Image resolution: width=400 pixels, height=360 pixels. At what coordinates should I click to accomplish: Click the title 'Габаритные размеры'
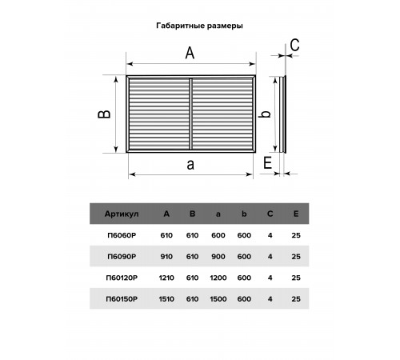coord(199,26)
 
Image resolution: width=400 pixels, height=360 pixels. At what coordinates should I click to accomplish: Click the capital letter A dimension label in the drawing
coord(190,53)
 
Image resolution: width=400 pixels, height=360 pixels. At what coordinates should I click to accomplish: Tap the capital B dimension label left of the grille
coord(104,114)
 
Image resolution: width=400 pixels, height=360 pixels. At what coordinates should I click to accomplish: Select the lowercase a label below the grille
coord(190,165)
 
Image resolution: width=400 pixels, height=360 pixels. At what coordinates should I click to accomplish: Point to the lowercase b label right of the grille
coord(266,113)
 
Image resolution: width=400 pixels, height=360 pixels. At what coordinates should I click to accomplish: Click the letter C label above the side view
coord(294,45)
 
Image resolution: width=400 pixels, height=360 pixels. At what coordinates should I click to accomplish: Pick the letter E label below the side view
coord(267,162)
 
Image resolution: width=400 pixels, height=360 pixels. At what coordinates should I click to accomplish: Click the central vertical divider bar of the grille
coord(190,114)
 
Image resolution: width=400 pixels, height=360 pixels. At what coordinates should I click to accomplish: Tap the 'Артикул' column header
coord(122,214)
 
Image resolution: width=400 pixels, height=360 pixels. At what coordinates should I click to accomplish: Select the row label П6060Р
coord(122,235)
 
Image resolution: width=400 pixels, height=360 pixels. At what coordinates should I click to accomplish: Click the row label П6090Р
coord(122,257)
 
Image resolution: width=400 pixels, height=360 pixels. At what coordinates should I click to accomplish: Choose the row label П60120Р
coord(122,278)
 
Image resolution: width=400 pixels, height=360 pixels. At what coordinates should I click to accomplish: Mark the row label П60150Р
coord(122,299)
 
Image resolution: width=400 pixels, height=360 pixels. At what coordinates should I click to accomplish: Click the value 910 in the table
coord(166,257)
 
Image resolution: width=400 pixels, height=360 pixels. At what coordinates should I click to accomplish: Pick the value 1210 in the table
coord(166,278)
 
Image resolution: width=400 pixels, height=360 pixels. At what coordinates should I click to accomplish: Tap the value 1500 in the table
coord(218,299)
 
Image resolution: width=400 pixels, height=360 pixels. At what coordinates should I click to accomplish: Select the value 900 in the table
coord(218,257)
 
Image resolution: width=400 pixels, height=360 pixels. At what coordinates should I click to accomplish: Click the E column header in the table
coord(296,214)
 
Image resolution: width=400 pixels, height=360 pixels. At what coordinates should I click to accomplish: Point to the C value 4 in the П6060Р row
coord(270,235)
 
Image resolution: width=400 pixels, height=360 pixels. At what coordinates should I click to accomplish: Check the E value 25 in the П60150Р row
coord(296,299)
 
